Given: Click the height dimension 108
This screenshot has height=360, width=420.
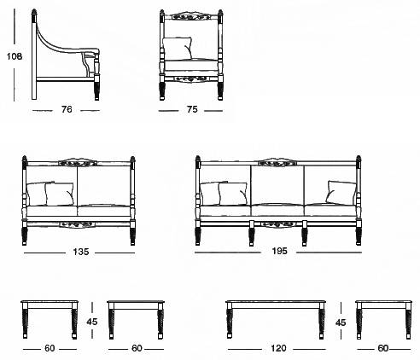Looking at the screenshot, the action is [15, 56].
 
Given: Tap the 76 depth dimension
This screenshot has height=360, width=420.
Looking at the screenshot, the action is [67, 109].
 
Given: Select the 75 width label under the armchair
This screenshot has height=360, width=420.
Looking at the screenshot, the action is [192, 109].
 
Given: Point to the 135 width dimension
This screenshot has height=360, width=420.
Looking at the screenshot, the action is [81, 252].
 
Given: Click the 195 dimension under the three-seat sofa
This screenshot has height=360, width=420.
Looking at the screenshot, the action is [279, 251].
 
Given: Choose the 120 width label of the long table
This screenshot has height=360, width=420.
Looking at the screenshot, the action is [278, 348].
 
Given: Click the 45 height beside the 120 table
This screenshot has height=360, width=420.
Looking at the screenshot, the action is [341, 322].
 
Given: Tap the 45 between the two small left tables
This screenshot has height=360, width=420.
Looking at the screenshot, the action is [92, 322].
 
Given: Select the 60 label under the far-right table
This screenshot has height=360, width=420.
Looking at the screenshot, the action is [383, 348].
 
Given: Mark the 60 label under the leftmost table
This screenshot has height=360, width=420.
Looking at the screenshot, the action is [50, 348].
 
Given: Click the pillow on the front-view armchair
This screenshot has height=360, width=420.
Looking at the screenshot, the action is [178, 49].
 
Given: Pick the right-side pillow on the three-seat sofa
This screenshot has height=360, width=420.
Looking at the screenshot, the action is [341, 193].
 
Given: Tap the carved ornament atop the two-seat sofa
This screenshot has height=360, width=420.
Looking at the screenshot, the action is [78, 161].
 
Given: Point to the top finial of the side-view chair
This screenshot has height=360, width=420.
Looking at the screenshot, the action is [34, 12].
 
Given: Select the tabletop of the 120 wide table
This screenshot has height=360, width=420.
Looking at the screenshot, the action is [276, 301].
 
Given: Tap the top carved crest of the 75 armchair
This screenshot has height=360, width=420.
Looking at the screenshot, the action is [191, 16].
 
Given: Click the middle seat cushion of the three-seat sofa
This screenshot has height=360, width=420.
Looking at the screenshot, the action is [277, 209].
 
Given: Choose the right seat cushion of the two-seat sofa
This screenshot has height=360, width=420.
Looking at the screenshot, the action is [104, 210].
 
